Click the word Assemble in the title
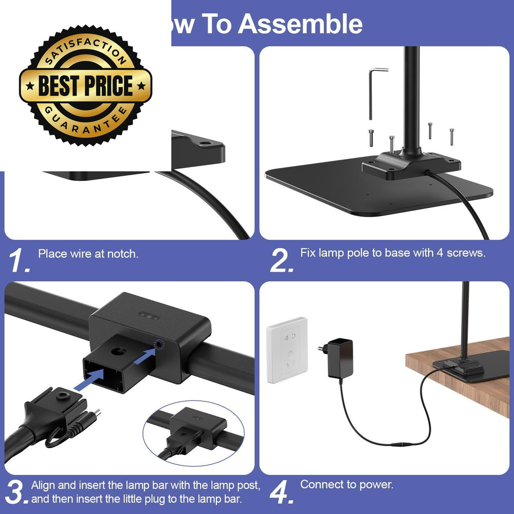(x=300, y=24)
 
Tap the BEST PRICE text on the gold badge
(x=85, y=85)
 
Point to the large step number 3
(x=16, y=492)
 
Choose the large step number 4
(x=281, y=492)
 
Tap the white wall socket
(x=287, y=350)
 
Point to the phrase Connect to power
(x=347, y=485)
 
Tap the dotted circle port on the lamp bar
(x=159, y=344)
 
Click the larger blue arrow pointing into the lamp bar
(x=89, y=379)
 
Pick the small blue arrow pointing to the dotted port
(x=144, y=356)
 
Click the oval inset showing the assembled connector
(x=194, y=433)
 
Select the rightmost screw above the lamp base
(x=452, y=136)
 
